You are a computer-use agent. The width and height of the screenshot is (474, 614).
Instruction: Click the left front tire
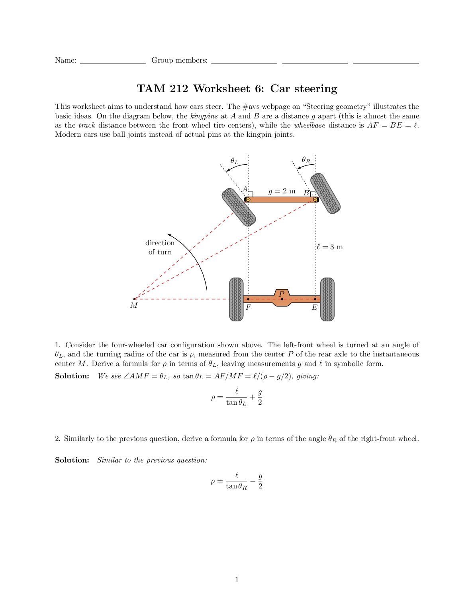[x=238, y=207]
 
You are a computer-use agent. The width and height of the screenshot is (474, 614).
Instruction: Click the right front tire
[x=325, y=193]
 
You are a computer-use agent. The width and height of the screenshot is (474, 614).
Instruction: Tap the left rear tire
[x=236, y=299]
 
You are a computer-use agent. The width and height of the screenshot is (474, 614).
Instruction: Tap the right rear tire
[x=327, y=299]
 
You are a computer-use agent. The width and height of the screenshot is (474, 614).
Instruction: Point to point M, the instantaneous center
[x=134, y=299]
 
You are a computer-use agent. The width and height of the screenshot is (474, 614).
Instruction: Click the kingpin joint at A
[x=248, y=199]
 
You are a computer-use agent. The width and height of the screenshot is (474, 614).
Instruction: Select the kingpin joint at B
[x=315, y=199]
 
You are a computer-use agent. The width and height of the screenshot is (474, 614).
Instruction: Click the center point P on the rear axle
[x=282, y=299]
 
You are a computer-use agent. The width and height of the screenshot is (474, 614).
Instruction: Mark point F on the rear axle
[x=248, y=299]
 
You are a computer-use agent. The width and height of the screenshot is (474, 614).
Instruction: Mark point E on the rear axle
[x=315, y=299]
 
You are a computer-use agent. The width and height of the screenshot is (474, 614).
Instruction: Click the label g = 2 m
[x=282, y=191]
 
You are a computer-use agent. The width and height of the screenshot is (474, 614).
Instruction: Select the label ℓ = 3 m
[x=330, y=247]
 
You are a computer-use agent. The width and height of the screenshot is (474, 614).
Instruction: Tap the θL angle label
[x=235, y=161]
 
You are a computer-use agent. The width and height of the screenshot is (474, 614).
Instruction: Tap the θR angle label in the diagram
[x=306, y=160]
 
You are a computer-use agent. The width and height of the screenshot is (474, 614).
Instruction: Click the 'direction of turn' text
[x=160, y=247]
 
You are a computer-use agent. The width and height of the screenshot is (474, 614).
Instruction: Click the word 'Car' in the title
[x=280, y=89]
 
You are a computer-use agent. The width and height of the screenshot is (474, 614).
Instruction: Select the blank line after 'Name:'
[x=113, y=61]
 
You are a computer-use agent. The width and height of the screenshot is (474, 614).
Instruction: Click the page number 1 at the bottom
[x=237, y=580]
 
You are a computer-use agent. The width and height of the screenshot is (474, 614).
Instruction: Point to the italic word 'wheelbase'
[x=309, y=125]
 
